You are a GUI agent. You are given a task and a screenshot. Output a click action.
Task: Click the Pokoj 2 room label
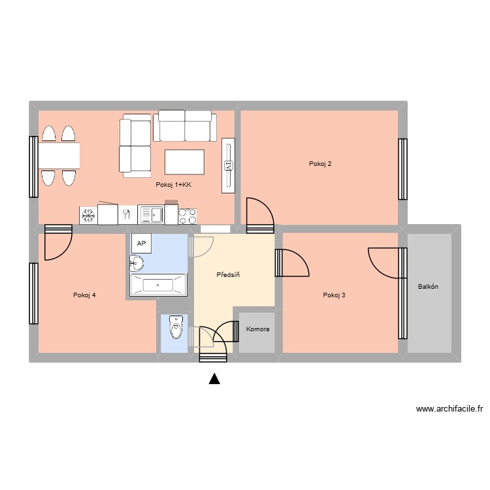(x=320, y=164)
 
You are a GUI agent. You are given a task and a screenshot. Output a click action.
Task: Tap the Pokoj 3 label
(x=334, y=295)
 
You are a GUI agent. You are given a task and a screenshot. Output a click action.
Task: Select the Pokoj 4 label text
(x=84, y=295)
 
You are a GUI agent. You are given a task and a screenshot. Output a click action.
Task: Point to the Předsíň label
(x=228, y=274)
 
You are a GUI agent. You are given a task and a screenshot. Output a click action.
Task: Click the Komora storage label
(x=258, y=329)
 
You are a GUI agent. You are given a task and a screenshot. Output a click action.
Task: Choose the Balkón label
(x=428, y=287)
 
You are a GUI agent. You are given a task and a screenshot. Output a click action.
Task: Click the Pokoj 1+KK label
(x=173, y=185)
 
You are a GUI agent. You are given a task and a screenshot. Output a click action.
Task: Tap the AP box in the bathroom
(x=141, y=243)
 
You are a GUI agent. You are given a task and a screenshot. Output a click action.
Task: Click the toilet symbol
(x=176, y=327)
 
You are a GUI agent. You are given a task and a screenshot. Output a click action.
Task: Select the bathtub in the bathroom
(x=158, y=285)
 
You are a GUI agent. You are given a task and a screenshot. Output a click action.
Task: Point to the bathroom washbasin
(x=137, y=263)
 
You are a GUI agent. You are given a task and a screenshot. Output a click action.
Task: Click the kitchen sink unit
(x=151, y=214)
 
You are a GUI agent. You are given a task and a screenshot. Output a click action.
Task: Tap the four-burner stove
(x=188, y=216)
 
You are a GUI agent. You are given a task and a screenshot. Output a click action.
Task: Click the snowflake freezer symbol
(x=88, y=216)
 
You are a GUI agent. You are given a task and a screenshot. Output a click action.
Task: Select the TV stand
(x=228, y=165)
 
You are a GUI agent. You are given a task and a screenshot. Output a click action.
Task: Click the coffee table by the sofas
(x=185, y=162)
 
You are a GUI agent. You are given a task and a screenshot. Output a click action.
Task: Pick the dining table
(x=59, y=156)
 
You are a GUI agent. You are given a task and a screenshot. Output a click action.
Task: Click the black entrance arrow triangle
(x=214, y=379)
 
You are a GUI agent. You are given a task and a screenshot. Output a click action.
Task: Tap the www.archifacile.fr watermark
(x=449, y=409)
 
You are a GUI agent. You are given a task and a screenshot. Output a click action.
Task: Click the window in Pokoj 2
(x=402, y=169)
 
